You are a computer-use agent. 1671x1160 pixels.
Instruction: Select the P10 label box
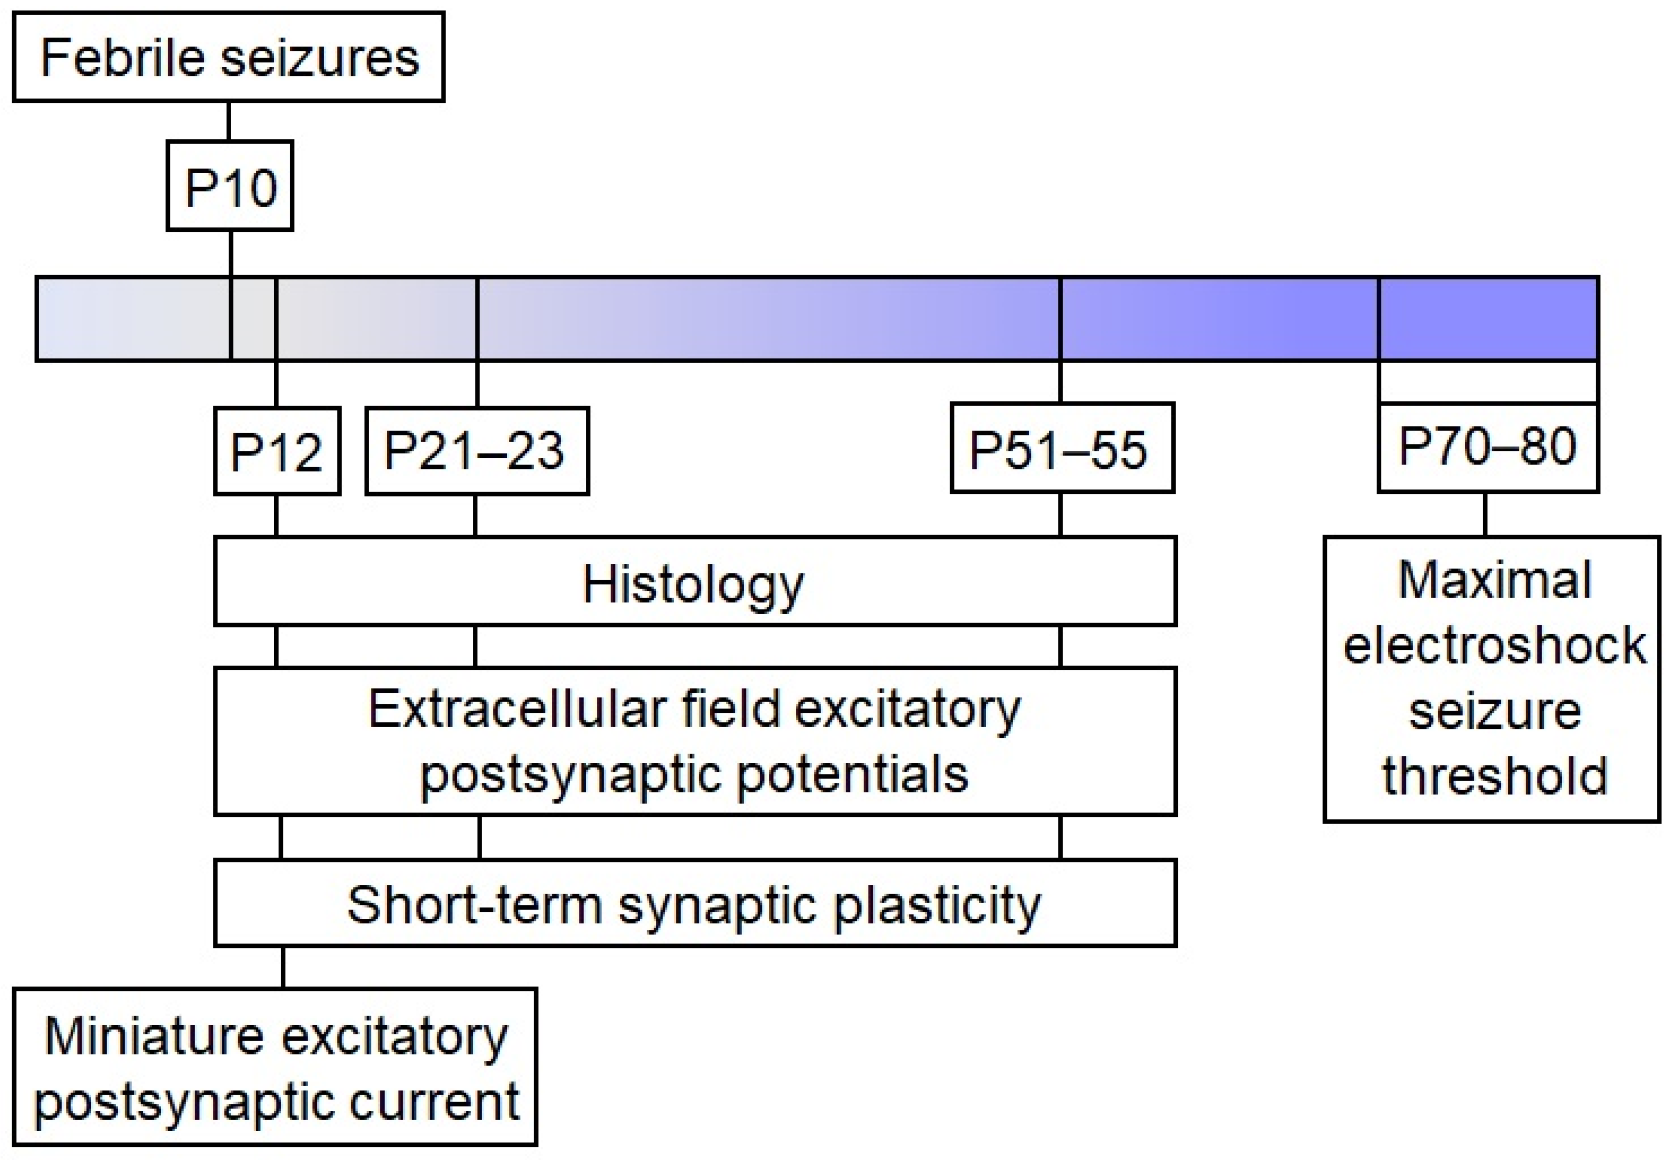click(230, 186)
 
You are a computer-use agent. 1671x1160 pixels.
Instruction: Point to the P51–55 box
click(1062, 448)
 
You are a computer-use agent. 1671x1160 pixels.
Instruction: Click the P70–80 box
click(1487, 447)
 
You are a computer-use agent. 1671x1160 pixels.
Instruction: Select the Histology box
click(694, 581)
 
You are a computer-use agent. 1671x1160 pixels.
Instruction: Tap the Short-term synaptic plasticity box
click(694, 904)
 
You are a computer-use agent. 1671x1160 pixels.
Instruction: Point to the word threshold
click(1494, 776)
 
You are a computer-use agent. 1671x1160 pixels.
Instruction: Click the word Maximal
click(1494, 580)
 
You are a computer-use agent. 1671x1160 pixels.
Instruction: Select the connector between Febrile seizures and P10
click(229, 121)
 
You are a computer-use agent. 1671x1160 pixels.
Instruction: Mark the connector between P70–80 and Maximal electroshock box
click(1484, 514)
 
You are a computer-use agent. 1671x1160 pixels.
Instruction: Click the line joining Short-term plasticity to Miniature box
click(282, 967)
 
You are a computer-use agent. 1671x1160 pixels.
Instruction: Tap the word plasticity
click(937, 906)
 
